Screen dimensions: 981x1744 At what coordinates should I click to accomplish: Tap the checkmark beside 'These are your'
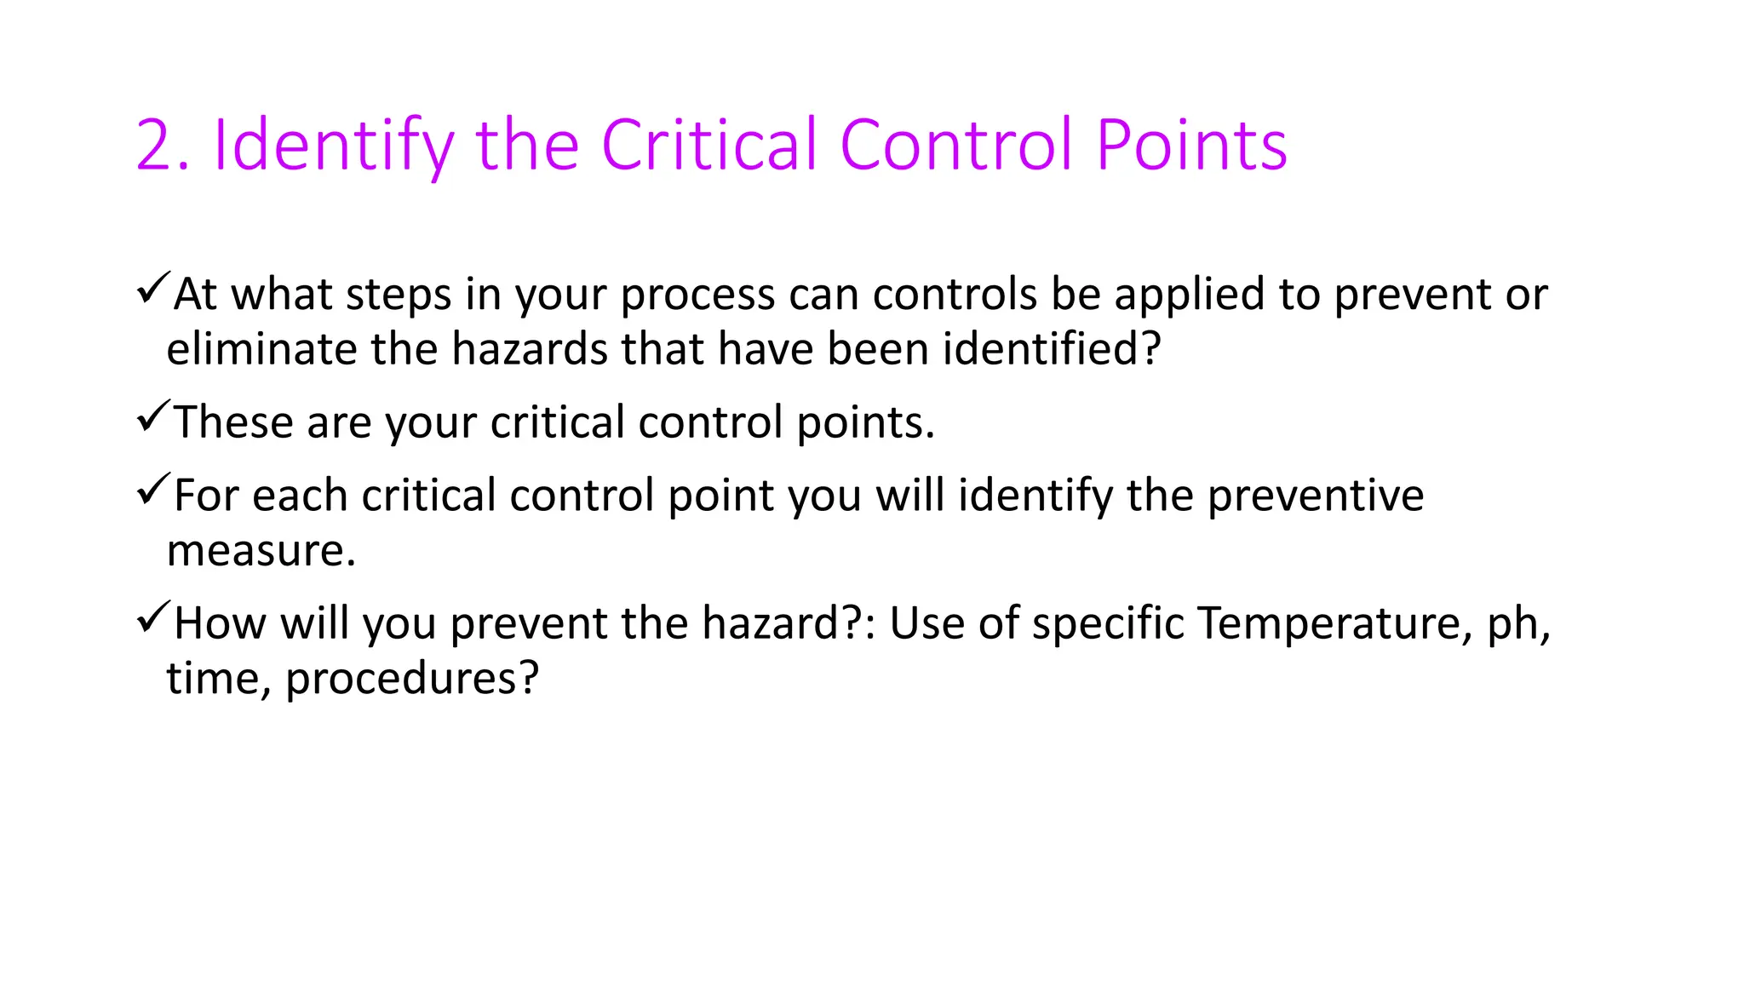pos(153,416)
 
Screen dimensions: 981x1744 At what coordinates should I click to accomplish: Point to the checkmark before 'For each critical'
pos(153,490)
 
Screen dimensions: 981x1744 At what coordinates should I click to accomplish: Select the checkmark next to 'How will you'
pos(153,617)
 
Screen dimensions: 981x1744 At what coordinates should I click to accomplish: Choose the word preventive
pos(1316,496)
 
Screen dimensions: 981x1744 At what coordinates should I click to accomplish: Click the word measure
pos(261,551)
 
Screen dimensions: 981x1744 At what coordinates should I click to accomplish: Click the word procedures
pos(411,680)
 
